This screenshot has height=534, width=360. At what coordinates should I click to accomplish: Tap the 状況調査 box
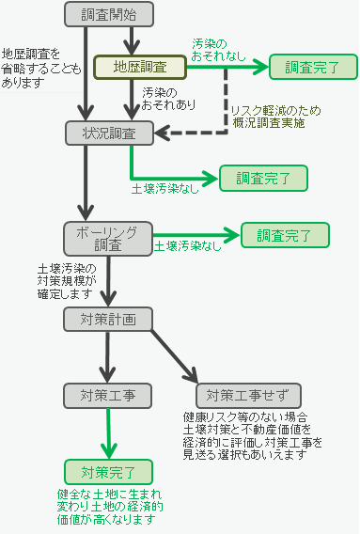tap(109, 133)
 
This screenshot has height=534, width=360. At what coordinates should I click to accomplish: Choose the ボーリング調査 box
tap(109, 238)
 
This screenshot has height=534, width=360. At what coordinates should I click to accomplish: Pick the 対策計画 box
tap(109, 319)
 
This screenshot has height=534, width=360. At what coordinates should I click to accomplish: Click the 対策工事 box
tap(109, 394)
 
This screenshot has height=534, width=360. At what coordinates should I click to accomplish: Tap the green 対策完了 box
tap(109, 472)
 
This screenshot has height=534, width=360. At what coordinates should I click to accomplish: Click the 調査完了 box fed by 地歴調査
tap(313, 67)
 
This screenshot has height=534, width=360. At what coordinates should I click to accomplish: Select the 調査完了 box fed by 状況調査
tap(263, 177)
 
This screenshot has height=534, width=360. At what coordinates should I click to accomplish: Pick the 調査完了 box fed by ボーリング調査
tap(286, 235)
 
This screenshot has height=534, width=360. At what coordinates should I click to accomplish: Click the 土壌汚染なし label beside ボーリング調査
tap(188, 245)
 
